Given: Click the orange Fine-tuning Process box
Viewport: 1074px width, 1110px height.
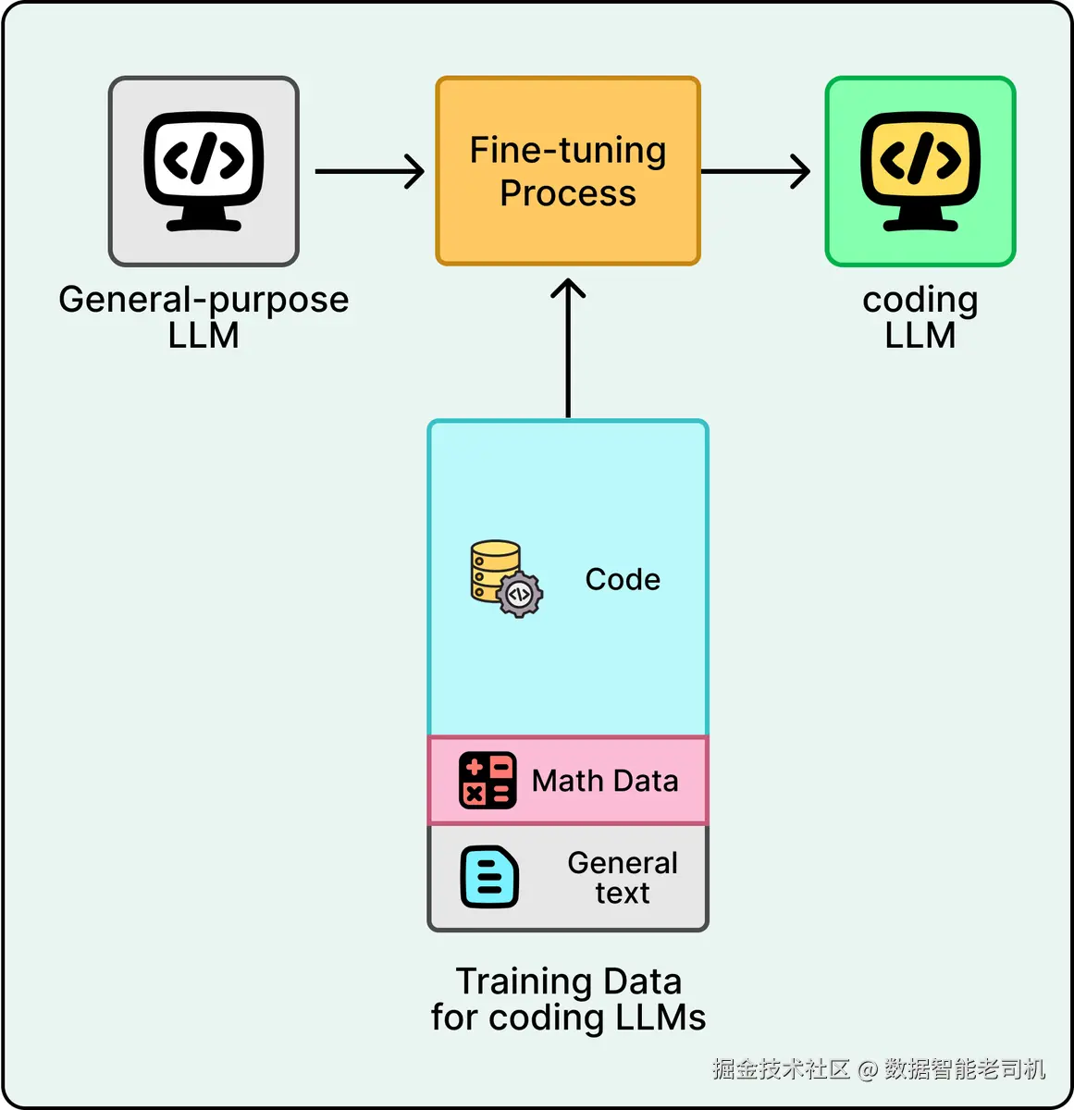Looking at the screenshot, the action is coord(567,171).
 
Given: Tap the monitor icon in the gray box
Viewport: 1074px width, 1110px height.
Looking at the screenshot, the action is coord(204,171).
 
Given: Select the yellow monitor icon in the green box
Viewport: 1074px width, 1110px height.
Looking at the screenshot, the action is coord(920,171).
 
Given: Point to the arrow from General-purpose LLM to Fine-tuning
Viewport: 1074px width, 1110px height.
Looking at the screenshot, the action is coord(370,171).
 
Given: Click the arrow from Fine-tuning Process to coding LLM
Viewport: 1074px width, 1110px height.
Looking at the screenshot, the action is coord(756,171).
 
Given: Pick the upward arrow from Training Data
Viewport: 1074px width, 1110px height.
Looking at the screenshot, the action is coord(568,348).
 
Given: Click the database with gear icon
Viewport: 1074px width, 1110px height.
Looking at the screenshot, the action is coord(507,578).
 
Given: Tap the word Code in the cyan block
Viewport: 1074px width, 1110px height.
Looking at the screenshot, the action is coord(623,580).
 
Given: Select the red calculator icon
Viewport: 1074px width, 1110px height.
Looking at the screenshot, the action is coord(488,780).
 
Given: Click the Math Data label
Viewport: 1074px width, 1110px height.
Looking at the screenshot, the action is coord(605,781).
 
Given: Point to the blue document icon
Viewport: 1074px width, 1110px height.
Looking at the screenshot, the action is coord(489,877).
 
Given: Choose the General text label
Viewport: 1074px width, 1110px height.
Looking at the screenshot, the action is coord(623,878).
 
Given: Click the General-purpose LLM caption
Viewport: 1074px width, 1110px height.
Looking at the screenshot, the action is coord(204,316).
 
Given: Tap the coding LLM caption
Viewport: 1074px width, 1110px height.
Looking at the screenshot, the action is coord(920,316).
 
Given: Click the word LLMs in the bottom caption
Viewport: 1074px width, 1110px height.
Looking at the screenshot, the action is coord(661,1017).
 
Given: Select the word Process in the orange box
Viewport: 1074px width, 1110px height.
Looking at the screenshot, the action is coord(568,192).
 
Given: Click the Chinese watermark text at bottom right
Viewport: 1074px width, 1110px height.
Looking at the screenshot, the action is coord(879,1068).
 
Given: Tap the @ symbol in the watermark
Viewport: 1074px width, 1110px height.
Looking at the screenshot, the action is coord(868,1069).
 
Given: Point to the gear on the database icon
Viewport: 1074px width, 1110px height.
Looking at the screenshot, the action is coord(519,595).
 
